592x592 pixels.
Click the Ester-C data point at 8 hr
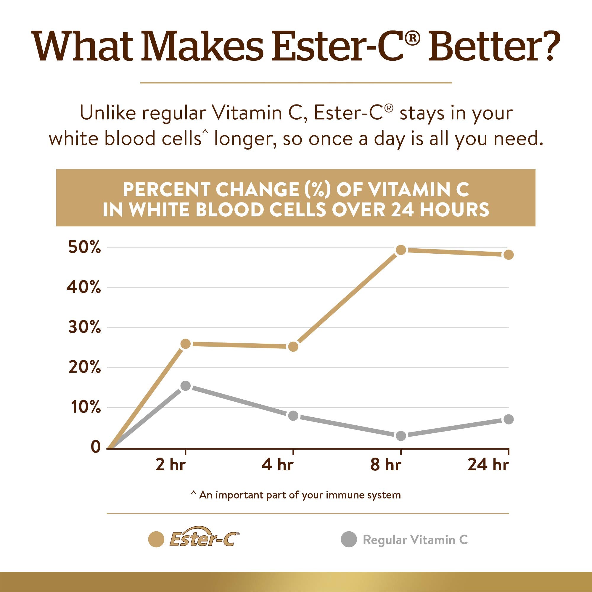[401, 250]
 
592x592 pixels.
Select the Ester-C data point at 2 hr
[185, 344]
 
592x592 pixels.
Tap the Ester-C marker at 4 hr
[293, 347]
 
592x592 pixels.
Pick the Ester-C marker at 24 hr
[508, 255]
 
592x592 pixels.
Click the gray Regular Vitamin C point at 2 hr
[185, 386]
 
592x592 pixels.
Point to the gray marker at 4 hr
[293, 416]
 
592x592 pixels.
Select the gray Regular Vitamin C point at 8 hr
[401, 436]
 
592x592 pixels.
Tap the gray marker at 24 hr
[508, 419]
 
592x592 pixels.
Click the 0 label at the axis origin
[96, 447]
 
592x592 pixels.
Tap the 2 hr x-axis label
[171, 465]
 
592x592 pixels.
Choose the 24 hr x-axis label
[488, 465]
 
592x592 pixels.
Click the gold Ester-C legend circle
[156, 539]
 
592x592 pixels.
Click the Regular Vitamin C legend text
[415, 540]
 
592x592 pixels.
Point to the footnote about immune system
[296, 495]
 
